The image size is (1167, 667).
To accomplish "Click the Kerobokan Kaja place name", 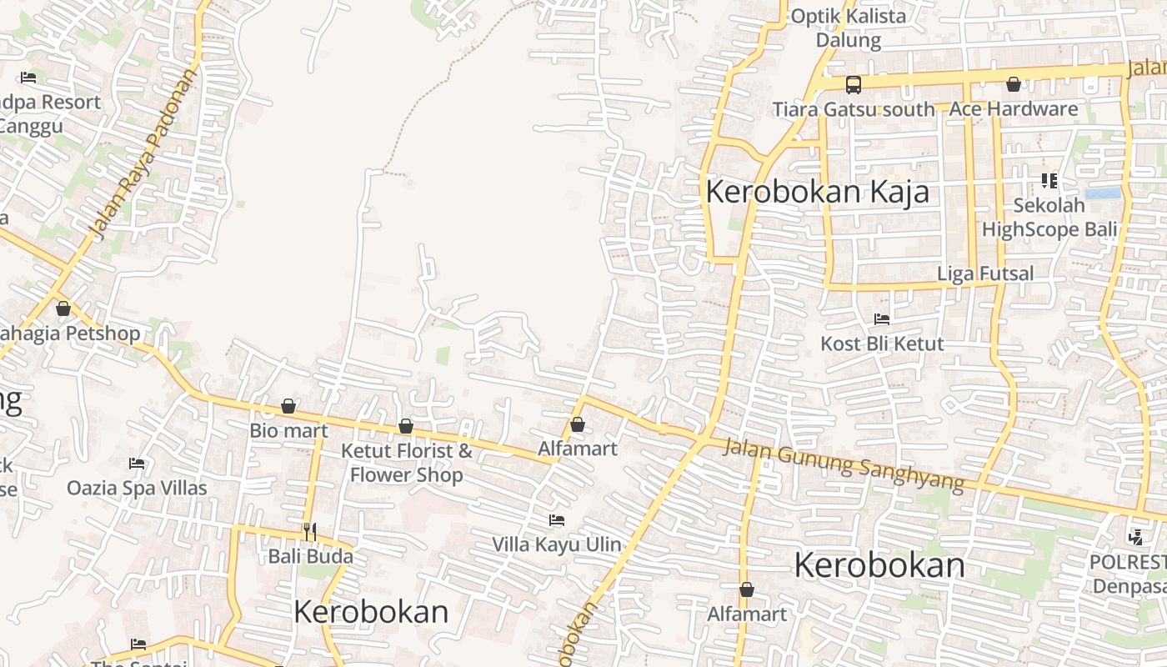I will (x=817, y=193).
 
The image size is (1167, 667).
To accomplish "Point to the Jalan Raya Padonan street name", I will (x=146, y=155).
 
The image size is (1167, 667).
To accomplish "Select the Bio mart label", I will (x=288, y=431).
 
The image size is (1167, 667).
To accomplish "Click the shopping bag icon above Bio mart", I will (x=288, y=406).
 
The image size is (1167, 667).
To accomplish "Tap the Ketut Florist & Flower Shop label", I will (x=406, y=463).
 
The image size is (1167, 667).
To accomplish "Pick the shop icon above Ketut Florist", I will (x=406, y=426).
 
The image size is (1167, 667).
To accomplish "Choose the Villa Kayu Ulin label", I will (x=556, y=544).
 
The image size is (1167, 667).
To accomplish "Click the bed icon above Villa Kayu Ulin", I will (x=557, y=520).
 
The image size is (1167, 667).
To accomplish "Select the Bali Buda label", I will (x=310, y=555).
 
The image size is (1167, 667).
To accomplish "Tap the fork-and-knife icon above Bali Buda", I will (x=309, y=531).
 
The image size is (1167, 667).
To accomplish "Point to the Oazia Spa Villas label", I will (x=137, y=488).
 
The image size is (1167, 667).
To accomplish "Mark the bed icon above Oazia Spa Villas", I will (x=137, y=464).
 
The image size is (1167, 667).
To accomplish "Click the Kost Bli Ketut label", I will (x=882, y=344).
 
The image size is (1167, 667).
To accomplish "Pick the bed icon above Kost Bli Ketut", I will (x=882, y=318).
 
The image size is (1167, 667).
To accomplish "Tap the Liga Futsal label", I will (x=985, y=273).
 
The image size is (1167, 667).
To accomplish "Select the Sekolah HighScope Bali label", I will (x=1049, y=218).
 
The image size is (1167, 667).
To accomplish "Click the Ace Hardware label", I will (x=1013, y=109).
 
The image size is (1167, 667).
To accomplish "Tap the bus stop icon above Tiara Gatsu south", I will (x=853, y=84).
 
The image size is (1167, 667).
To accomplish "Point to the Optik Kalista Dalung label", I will (x=848, y=28).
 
